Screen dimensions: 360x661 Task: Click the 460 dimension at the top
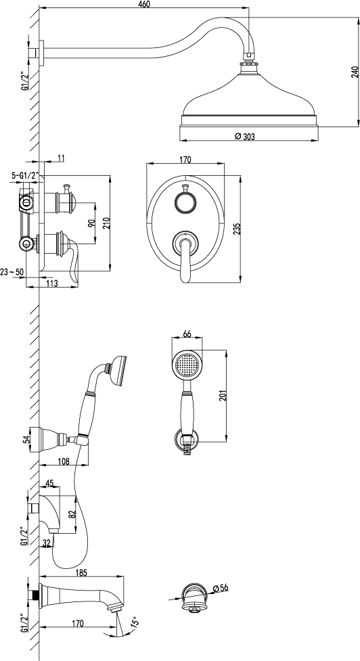coord(144,4)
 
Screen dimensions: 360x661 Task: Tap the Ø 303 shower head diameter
coord(246,136)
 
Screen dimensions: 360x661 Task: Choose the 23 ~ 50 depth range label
coord(12,272)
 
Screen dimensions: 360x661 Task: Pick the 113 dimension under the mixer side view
coord(51,283)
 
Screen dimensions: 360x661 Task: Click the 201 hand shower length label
coord(223,395)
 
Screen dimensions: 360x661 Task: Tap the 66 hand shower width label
coord(187,334)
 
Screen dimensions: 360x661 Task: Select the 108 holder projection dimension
coord(63,461)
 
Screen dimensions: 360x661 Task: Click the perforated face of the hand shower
coord(187,364)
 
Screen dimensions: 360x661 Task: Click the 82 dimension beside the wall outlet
coord(72,514)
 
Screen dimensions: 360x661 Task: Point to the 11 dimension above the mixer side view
coord(61,158)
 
